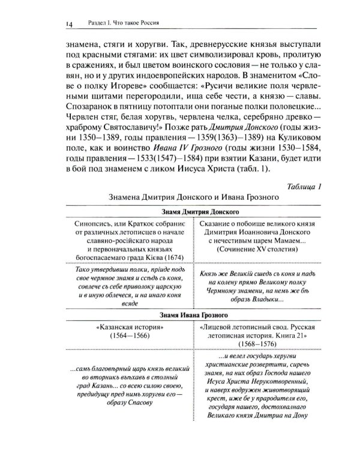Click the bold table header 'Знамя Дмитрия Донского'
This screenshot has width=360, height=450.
pos(193,212)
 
